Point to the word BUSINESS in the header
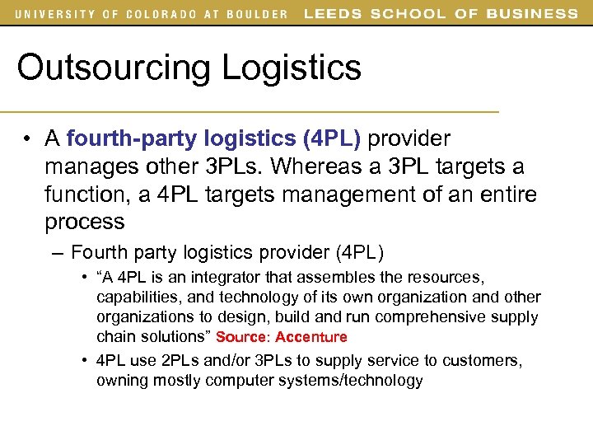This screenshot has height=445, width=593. tap(532, 13)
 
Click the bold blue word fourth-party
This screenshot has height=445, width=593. tap(116, 138)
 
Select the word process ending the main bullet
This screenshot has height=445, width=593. tap(85, 222)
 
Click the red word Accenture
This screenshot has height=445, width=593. tap(311, 337)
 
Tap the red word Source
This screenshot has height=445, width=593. tap(243, 337)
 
